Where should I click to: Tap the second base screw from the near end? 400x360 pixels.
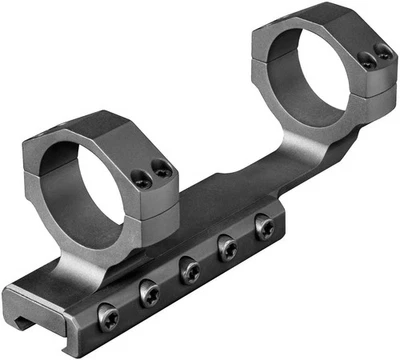pos(150,294)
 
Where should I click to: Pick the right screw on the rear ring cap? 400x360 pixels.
pos(380,54)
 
